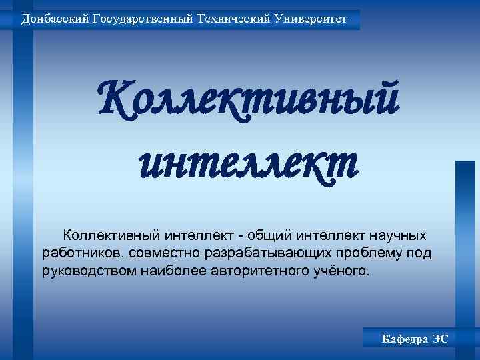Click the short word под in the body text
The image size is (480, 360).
coord(422,253)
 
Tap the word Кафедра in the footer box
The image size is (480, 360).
coord(403,339)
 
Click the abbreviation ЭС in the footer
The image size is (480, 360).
coord(440,339)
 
